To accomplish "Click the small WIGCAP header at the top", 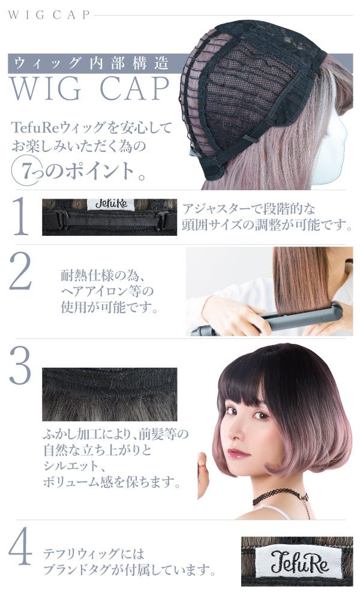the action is [49, 15].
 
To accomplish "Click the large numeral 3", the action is [20, 365].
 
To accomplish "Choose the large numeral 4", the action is [20, 546].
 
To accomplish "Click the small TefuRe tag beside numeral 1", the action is [111, 204].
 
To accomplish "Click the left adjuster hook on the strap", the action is [61, 220].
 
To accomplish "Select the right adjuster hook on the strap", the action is [162, 221].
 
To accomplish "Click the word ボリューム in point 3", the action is [71, 482].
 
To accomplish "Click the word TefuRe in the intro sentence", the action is [34, 127].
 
